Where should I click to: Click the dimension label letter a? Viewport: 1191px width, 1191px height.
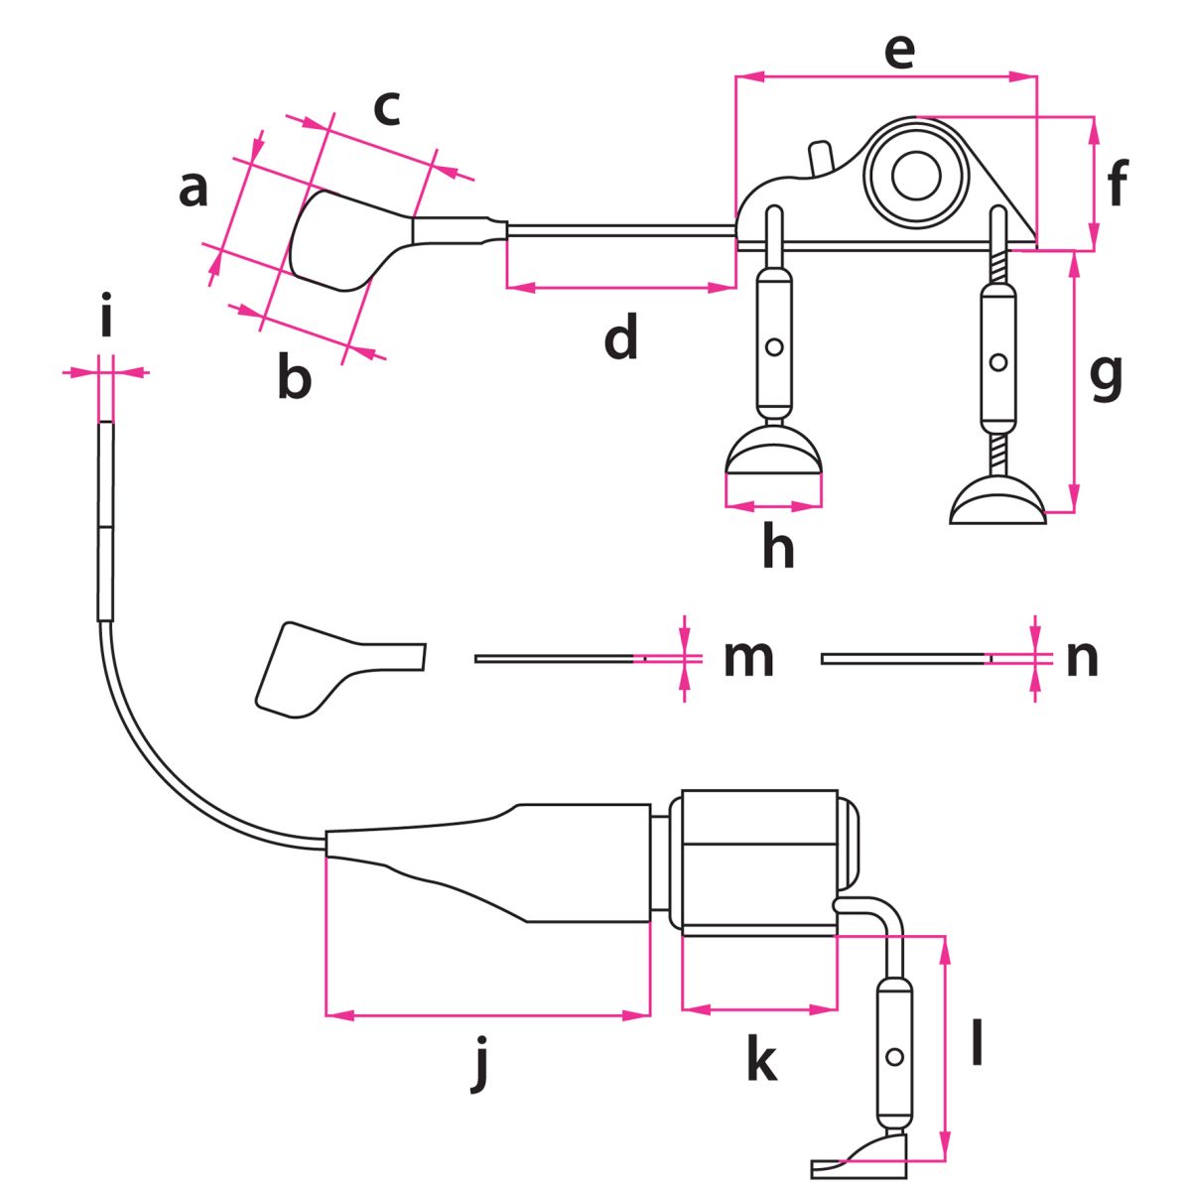coord(194,189)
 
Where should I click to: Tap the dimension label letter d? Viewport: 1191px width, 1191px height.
coord(621,338)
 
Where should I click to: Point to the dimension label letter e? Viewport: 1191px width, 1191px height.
coord(898,52)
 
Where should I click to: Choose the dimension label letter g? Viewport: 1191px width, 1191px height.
coord(1106,376)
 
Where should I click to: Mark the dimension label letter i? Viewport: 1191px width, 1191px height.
coord(106,321)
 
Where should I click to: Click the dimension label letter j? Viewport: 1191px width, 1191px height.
coord(481,1064)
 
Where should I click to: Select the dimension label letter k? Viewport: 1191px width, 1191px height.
coord(761,1059)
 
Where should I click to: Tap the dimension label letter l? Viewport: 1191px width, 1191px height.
coord(978,1042)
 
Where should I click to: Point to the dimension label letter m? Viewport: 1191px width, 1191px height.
coord(748,657)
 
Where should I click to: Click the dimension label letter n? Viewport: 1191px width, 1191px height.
coord(1082,657)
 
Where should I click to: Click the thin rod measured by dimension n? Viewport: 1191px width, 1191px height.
coord(903,658)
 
